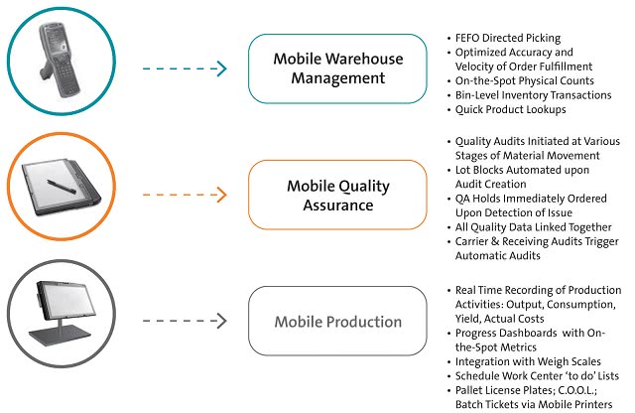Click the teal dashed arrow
tap(185, 69)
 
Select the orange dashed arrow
tap(185, 195)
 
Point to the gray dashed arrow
tap(185, 321)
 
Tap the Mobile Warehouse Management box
tap(337, 69)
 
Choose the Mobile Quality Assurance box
tap(337, 195)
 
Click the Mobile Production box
tap(337, 321)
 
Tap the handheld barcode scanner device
tap(60, 60)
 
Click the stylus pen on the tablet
tap(62, 186)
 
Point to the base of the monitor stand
tap(60, 335)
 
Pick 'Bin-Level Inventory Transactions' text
tap(534, 95)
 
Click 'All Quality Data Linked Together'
tap(534, 227)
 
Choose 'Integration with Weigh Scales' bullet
tap(528, 361)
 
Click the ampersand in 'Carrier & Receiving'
tap(495, 241)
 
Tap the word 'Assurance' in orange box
tap(338, 206)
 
